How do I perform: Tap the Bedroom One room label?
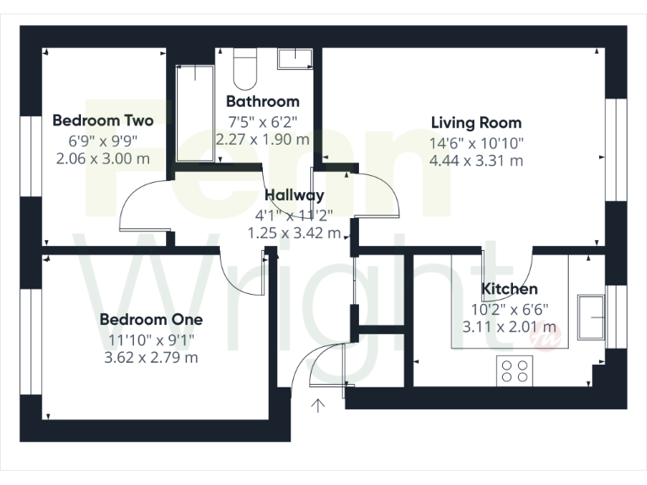151,319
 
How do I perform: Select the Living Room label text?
476,123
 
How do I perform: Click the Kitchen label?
509,290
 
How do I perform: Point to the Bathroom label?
263,101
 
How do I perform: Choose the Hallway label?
292,195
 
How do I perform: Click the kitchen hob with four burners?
516,369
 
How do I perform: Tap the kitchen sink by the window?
591,317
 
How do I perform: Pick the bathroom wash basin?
295,58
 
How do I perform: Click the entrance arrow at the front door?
318,408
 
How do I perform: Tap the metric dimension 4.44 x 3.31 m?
476,160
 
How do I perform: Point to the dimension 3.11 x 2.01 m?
509,327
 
